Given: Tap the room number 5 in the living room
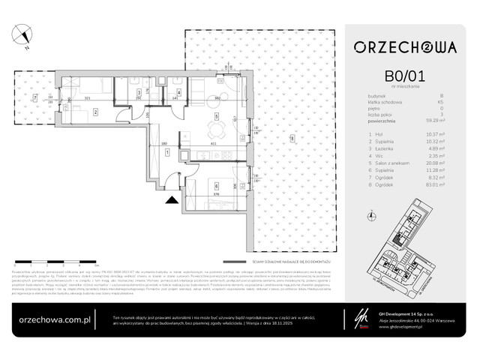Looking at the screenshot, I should click(x=216, y=117).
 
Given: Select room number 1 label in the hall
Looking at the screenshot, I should click(x=166, y=152).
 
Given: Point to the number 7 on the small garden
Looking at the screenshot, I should click(x=34, y=98).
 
